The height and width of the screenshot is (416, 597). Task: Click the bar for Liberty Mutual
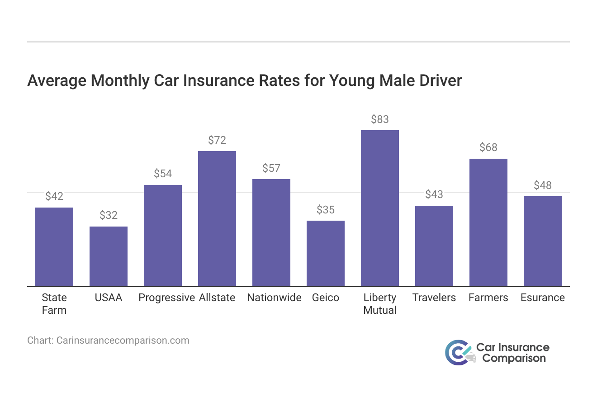380,208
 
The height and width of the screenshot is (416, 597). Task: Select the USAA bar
109,256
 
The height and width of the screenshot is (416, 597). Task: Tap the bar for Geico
326,254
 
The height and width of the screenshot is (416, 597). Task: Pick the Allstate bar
217,219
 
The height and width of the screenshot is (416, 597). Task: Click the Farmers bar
488,222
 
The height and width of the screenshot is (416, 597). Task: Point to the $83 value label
380,119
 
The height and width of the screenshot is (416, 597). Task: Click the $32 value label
109,215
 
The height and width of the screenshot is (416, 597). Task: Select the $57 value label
271,168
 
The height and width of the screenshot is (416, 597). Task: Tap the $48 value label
543,185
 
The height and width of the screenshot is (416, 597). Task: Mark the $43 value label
434,194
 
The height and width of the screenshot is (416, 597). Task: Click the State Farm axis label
54,304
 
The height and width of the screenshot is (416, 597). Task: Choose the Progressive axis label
166,298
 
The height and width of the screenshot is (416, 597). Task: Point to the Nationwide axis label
274,298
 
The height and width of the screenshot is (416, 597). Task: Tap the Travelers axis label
434,298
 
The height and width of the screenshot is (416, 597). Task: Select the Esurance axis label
543,298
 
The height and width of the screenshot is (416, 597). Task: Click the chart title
245,80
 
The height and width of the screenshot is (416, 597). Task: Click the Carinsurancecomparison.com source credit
108,340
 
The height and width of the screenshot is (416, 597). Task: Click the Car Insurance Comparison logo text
513,353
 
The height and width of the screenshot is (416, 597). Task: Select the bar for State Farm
54,247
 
